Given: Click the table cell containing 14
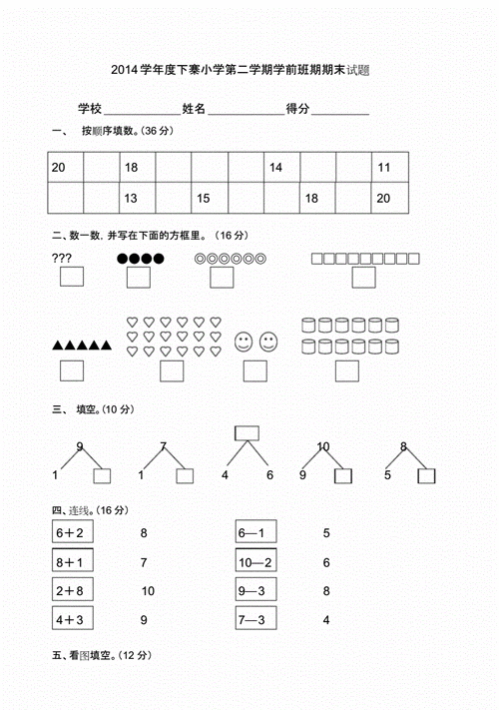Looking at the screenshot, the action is click(281, 168).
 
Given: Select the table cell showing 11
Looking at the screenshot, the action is click(389, 168).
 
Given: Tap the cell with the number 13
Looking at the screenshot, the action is click(137, 199).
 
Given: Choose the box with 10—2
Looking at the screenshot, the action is click(256, 562).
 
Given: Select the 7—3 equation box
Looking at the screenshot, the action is click(256, 619).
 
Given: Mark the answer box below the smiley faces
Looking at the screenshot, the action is click(254, 370).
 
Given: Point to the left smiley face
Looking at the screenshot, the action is click(244, 344).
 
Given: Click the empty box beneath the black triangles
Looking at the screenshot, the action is click(71, 370).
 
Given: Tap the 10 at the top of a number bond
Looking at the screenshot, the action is click(323, 446).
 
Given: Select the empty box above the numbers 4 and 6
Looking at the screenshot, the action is click(247, 433).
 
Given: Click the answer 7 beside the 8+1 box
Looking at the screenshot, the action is click(145, 562).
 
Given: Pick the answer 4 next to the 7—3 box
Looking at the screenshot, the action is click(326, 619).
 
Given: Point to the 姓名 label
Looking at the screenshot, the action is click(194, 109).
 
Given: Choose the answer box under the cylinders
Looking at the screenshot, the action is click(346, 370).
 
